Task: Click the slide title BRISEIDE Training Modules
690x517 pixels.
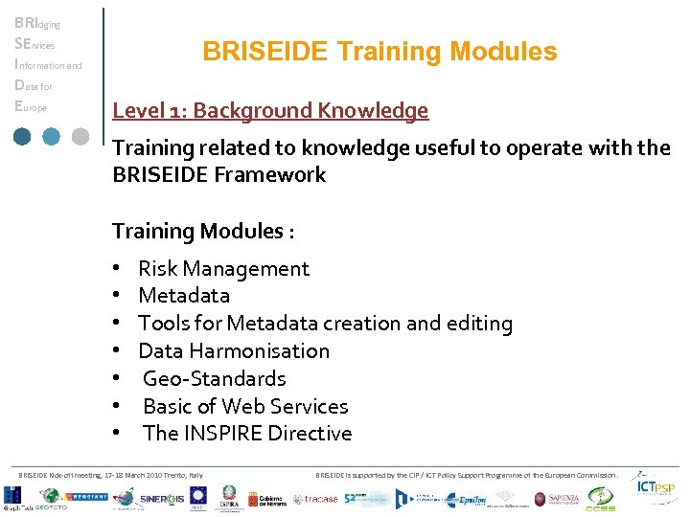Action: [x=379, y=52]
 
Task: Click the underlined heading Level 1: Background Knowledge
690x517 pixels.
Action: [x=270, y=111]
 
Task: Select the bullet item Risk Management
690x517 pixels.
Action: [x=223, y=269]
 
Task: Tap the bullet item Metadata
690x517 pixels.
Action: [x=184, y=296]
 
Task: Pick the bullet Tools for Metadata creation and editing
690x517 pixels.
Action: [x=325, y=324]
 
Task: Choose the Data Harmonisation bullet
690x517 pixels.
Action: [x=234, y=351]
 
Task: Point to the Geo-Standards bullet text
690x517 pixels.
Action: [x=214, y=378]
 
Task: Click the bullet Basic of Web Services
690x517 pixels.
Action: [x=245, y=406]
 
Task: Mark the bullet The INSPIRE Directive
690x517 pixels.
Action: [x=247, y=434]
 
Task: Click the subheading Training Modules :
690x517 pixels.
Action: [x=203, y=231]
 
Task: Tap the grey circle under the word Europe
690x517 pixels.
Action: [x=81, y=136]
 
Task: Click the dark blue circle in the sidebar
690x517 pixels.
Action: [x=22, y=136]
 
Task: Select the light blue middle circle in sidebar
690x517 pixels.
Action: [x=52, y=136]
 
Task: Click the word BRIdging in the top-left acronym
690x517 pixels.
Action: [x=35, y=23]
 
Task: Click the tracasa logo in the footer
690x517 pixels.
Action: [x=314, y=499]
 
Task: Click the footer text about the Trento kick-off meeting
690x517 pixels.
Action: [x=111, y=475]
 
